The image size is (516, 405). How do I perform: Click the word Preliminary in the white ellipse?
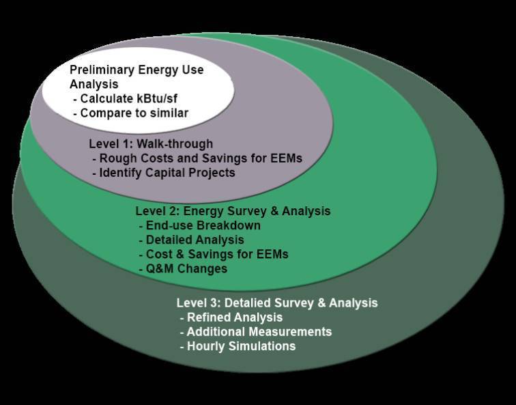[102, 70]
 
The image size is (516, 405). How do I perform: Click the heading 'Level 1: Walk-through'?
[151, 144]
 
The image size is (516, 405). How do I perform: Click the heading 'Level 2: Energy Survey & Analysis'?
[233, 211]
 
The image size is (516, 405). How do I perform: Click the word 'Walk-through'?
[175, 144]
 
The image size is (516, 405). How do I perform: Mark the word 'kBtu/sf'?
[157, 98]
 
